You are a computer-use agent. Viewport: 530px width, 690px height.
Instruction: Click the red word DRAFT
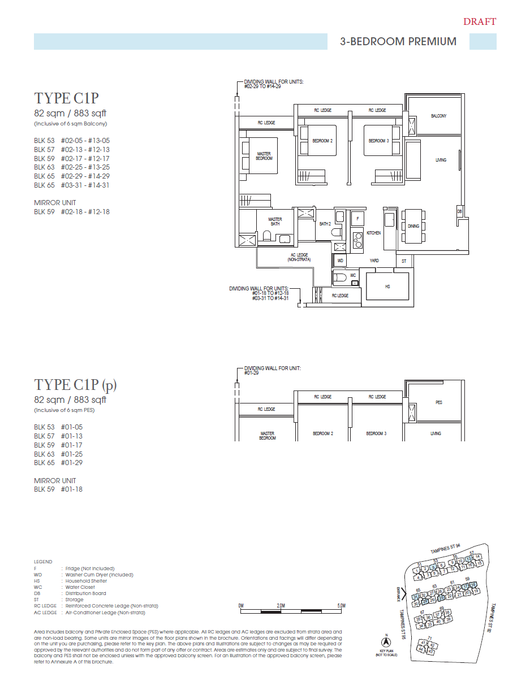pyautogui.click(x=479, y=22)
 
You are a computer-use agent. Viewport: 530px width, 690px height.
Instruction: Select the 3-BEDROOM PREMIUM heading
pyautogui.click(x=398, y=41)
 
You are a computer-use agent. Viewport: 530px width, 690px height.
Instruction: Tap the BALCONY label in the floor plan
pyautogui.click(x=438, y=116)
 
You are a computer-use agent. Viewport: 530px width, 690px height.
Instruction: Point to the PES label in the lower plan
pyautogui.click(x=438, y=402)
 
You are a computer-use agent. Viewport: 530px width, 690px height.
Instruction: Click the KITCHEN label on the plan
pyautogui.click(x=373, y=233)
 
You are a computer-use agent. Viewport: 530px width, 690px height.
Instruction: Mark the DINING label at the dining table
pyautogui.click(x=413, y=226)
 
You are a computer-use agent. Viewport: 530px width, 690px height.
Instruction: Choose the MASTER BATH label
pyautogui.click(x=275, y=222)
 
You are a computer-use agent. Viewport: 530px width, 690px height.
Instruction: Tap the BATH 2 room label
pyautogui.click(x=325, y=224)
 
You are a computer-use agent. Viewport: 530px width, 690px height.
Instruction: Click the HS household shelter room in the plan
pyautogui.click(x=387, y=287)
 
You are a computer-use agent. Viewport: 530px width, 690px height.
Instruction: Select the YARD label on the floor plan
pyautogui.click(x=374, y=261)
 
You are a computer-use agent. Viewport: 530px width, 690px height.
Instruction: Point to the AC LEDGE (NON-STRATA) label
pyautogui.click(x=299, y=257)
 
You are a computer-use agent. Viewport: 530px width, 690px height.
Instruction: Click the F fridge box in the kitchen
pyautogui.click(x=357, y=218)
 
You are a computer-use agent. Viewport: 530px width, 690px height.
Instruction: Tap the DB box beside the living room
pyautogui.click(x=459, y=211)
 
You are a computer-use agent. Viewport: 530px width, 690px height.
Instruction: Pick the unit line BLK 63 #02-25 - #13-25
pyautogui.click(x=72, y=167)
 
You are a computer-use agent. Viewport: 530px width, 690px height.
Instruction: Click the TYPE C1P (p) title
pyautogui.click(x=75, y=385)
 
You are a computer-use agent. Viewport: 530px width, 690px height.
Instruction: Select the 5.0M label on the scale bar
pyautogui.click(x=341, y=605)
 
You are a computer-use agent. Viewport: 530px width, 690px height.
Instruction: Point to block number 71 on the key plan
pyautogui.click(x=429, y=638)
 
